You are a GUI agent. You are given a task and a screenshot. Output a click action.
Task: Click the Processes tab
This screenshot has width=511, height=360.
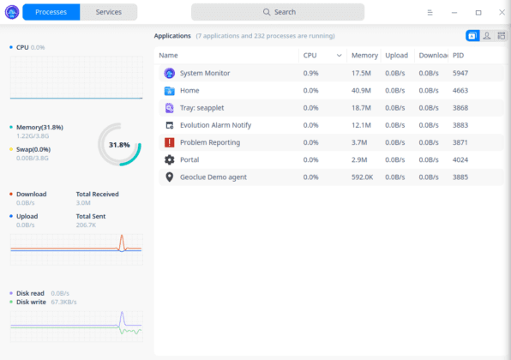(51, 12)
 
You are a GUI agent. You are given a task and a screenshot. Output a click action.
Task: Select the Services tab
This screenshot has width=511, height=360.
(108, 12)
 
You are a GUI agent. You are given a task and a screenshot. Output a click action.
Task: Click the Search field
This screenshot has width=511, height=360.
(277, 12)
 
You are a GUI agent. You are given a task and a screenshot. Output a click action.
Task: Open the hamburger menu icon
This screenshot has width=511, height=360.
(430, 12)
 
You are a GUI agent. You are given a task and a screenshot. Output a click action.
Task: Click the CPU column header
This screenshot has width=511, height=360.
(310, 55)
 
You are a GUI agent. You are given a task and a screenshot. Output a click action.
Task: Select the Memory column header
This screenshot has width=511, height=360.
(364, 55)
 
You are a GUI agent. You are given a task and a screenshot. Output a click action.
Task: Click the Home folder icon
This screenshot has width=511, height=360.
(169, 90)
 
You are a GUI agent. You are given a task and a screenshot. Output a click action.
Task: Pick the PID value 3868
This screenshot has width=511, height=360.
(460, 108)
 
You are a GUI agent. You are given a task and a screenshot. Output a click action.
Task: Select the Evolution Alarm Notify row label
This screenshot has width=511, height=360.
(215, 125)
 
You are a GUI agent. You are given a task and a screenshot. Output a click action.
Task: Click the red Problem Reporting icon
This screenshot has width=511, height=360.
(169, 142)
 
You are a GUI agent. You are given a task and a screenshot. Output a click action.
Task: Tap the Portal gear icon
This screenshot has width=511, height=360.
(169, 159)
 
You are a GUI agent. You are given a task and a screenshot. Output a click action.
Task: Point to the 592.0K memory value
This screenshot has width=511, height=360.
(362, 177)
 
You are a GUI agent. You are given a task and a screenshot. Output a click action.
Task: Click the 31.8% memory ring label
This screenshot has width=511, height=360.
(119, 145)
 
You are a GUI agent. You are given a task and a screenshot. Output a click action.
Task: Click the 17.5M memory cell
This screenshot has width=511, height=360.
(361, 73)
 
